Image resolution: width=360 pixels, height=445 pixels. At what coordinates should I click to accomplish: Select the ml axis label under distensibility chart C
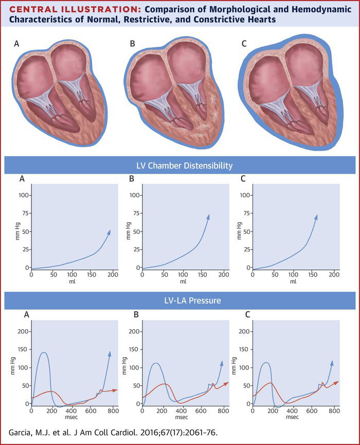tap(293, 282)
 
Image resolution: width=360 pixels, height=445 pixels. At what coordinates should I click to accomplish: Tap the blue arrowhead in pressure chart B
tap(222, 363)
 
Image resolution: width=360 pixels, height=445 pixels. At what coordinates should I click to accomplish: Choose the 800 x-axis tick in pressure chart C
tap(334, 411)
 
